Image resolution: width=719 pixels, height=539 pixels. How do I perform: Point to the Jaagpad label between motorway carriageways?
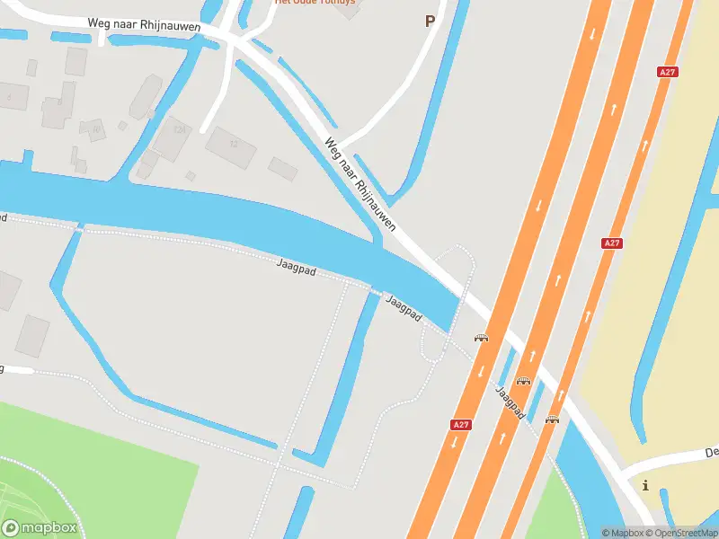510,402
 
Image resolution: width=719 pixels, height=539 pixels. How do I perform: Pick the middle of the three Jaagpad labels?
404,307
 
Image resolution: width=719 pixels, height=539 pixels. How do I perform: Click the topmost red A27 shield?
667,72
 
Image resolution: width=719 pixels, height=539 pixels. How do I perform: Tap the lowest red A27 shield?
460,424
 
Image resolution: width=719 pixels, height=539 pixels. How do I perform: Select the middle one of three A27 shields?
612,243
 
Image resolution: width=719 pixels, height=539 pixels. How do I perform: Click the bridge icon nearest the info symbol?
552,419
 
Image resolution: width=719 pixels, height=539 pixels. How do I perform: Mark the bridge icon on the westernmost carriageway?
482,338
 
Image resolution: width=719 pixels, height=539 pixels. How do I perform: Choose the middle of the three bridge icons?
523,380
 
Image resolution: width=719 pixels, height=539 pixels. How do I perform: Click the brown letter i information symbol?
645,485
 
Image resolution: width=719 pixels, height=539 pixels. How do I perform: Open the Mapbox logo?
40,528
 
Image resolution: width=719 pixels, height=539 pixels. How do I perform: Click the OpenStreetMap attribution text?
684,533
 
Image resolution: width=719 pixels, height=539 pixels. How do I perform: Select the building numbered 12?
232,145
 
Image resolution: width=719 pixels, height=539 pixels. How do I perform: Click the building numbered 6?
11,96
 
